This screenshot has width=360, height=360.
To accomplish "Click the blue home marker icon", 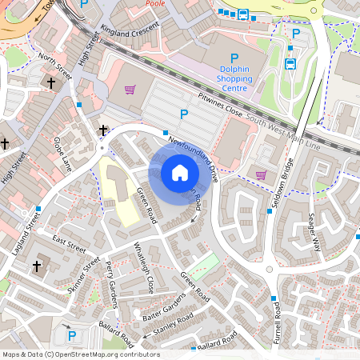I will tap(180, 172).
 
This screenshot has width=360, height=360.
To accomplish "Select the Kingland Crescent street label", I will tap(131, 28).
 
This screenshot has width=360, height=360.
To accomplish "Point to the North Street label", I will tap(55, 65).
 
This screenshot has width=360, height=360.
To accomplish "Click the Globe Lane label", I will tap(62, 154).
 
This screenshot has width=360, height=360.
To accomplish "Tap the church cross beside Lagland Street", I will tap(36, 265).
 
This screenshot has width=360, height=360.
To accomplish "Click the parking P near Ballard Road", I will tap(71, 336).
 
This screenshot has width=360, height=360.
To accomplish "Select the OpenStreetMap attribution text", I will tap(81, 354).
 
